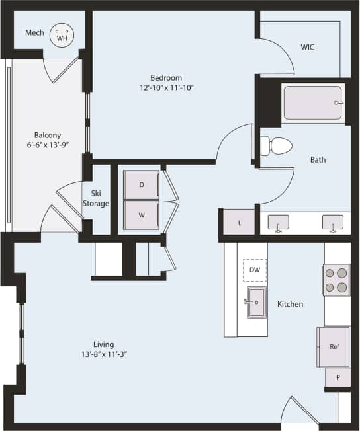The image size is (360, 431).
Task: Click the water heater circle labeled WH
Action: point(62,34)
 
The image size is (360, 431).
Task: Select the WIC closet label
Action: point(308,47)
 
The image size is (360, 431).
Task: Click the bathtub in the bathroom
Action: point(314,103)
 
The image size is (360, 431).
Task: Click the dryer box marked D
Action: point(142,185)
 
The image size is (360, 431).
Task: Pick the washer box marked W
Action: point(142,215)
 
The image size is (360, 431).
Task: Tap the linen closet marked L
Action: point(240,223)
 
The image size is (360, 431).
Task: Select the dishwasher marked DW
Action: point(255,270)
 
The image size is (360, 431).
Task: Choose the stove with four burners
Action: point(336,280)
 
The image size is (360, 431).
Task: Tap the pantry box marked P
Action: point(337,377)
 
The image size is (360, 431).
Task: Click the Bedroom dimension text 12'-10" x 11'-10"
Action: point(166,87)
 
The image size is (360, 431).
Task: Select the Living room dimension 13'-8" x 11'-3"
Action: point(103,354)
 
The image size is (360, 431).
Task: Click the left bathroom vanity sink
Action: point(279,223)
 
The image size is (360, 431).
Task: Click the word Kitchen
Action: point(290,304)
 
